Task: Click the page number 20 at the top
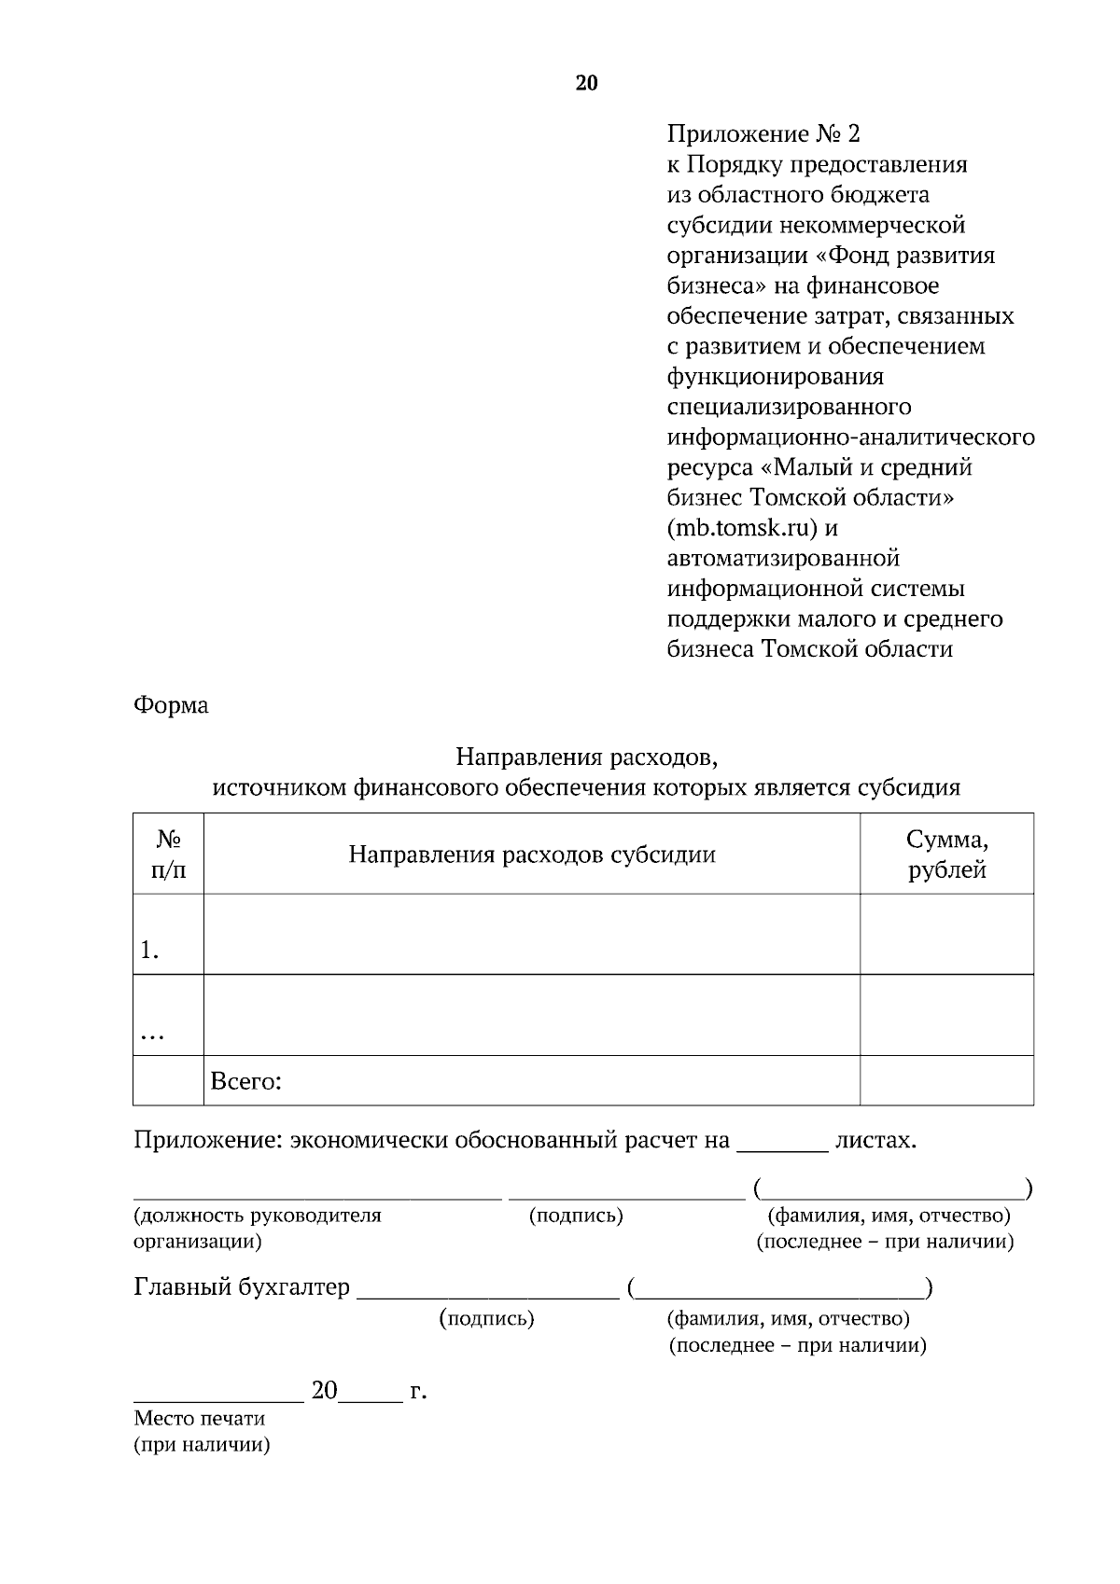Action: point(586,83)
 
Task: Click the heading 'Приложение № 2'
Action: point(763,134)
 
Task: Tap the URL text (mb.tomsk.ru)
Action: point(743,528)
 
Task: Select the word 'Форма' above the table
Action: point(171,705)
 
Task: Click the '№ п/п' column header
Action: point(168,855)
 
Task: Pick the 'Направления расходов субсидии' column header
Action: point(532,855)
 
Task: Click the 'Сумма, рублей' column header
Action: point(946,855)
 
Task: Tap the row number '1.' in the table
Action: point(149,951)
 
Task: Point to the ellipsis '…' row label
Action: point(151,1035)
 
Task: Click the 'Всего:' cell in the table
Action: point(246,1081)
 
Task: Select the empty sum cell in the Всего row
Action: point(946,1081)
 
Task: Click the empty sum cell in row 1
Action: point(946,935)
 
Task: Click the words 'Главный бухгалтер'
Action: point(242,1288)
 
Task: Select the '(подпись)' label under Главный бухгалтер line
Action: point(486,1318)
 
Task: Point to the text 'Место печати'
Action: point(199,1419)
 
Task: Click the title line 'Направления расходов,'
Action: point(586,755)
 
